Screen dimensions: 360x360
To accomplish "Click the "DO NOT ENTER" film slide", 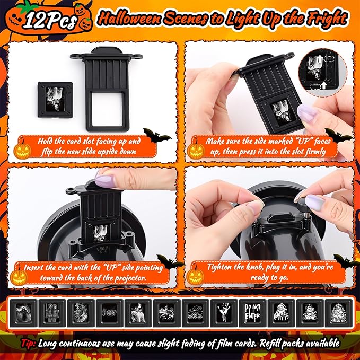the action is click(252, 313).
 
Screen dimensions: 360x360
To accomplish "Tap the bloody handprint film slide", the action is click(224, 313).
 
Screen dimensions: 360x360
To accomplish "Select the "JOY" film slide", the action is click(110, 313).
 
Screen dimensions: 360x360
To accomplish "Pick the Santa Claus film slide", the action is click(281, 313).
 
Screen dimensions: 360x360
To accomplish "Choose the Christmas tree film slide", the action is click(338, 313).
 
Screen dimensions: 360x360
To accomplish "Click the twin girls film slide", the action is click(52, 313).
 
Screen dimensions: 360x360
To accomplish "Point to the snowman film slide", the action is click(310, 313).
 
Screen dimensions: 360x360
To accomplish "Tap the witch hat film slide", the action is click(196, 313).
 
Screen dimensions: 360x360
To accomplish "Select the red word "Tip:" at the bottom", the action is click(29, 343).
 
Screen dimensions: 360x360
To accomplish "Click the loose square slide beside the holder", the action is click(55, 100).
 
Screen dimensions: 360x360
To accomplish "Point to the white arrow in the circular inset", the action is click(324, 85).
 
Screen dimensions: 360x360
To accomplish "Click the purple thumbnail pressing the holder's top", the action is click(104, 180).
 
